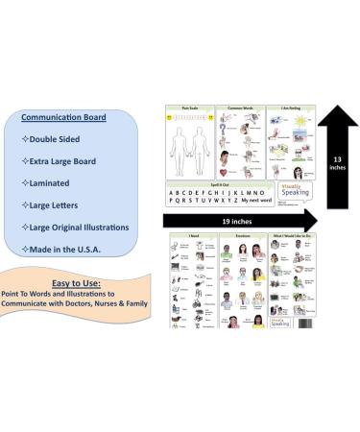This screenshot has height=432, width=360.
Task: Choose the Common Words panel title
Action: tap(233, 108)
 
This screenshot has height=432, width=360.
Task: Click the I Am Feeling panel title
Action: tap(286, 108)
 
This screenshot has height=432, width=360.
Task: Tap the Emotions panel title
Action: tap(234, 236)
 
